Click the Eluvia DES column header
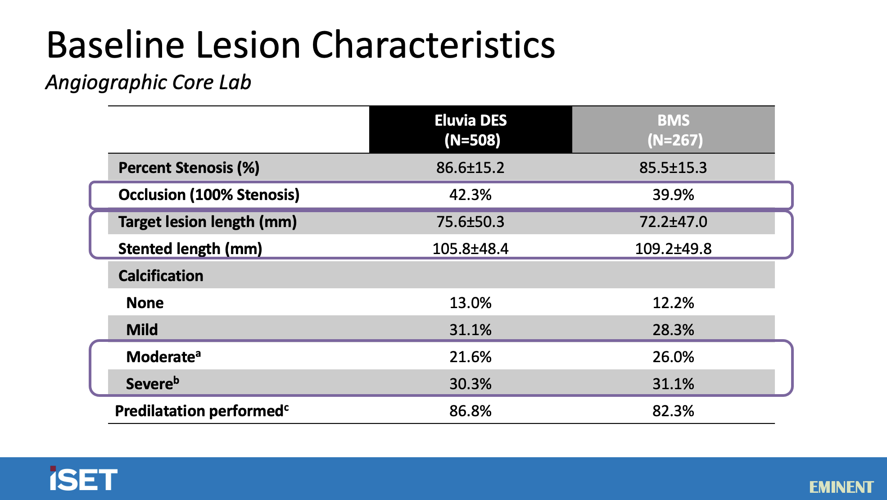[x=471, y=130]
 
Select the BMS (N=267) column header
[x=673, y=130]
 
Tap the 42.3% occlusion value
[x=471, y=195]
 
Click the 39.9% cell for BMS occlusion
[x=673, y=195]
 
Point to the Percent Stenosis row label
[x=189, y=168]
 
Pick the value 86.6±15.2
[x=471, y=168]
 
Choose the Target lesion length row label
[x=207, y=222]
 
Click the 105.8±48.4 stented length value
[x=471, y=249]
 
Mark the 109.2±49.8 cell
[x=673, y=249]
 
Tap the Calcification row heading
[x=161, y=276]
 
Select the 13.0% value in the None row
[x=471, y=303]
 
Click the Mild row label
[x=142, y=330]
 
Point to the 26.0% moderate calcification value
[x=673, y=357]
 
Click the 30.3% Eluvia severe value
[x=471, y=384]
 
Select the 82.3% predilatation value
[x=673, y=411]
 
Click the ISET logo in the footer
[x=83, y=479]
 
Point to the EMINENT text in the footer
[x=841, y=487]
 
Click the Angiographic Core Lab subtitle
[x=148, y=82]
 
